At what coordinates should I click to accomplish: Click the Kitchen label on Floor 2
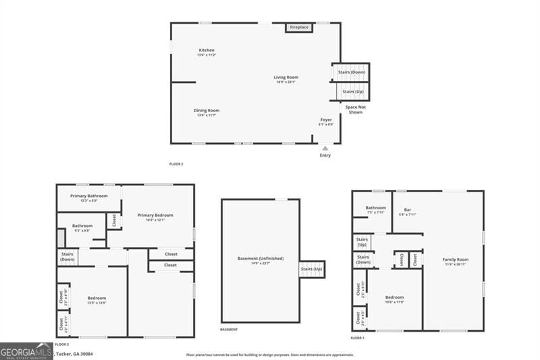point(207,51)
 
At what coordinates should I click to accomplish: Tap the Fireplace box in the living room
point(299,27)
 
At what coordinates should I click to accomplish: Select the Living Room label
point(286,78)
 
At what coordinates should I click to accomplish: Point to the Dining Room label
point(207,111)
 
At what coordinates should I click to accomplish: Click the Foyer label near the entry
point(326,120)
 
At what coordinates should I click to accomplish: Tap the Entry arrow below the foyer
point(325,148)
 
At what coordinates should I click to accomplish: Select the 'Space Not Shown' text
point(356,109)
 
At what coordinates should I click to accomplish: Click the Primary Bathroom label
point(89,197)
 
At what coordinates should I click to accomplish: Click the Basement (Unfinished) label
point(261,259)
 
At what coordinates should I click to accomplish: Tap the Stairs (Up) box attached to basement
point(312,269)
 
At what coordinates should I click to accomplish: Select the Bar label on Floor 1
point(408,210)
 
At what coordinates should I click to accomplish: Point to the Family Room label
point(455,260)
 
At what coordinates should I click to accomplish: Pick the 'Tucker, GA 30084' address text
point(74,353)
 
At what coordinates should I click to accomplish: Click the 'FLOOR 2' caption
point(176,164)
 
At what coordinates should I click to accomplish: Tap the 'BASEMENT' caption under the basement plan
point(229,330)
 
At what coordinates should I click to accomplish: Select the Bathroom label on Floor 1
point(376,208)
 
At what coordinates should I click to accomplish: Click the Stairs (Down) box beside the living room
point(352,72)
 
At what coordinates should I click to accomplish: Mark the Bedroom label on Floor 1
point(394,298)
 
